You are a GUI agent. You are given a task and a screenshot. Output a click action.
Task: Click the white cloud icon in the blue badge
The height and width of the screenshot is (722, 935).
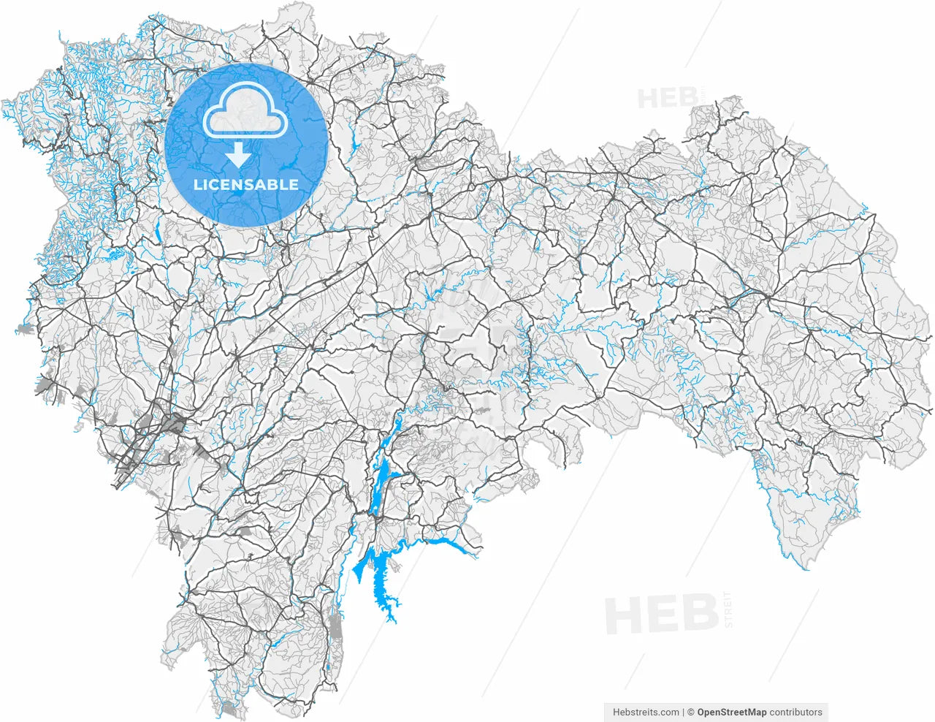click(x=245, y=110)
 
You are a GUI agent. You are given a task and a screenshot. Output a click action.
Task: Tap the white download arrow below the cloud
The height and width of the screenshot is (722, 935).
click(x=237, y=155)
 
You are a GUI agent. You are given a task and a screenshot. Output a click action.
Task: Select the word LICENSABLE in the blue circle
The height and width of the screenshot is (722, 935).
click(x=246, y=185)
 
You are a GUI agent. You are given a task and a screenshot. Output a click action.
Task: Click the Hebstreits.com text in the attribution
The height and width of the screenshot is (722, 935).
click(x=646, y=712)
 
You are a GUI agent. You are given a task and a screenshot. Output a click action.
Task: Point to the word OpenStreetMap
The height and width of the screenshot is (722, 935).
click(x=732, y=712)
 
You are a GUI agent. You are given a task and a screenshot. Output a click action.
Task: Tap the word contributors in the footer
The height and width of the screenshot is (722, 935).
click(x=795, y=712)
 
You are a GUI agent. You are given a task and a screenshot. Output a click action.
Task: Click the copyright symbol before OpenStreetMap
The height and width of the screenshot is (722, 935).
click(x=691, y=712)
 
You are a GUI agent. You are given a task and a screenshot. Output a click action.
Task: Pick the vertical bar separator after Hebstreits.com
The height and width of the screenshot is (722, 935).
click(x=683, y=712)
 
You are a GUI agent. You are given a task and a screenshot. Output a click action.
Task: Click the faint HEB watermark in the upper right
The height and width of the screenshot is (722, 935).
click(x=666, y=97)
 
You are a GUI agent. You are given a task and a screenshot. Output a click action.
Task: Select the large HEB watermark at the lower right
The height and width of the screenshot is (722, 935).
click(x=662, y=615)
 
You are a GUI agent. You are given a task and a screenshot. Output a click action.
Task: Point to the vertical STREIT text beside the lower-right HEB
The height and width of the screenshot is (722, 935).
click(x=727, y=609)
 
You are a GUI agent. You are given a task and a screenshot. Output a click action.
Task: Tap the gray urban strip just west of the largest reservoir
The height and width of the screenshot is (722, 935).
click(x=335, y=628)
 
